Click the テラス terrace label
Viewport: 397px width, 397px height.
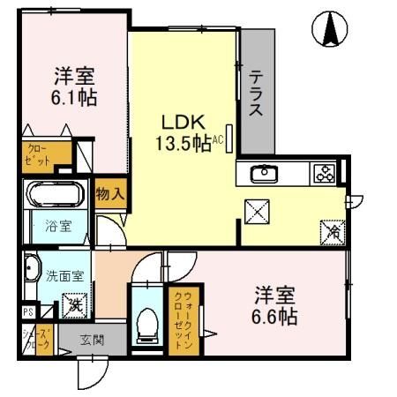click(257, 94)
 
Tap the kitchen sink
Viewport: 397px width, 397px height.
click(264, 173)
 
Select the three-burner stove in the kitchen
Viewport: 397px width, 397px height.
click(321, 174)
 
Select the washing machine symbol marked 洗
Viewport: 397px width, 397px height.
click(78, 304)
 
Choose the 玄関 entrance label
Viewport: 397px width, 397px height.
click(92, 339)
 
